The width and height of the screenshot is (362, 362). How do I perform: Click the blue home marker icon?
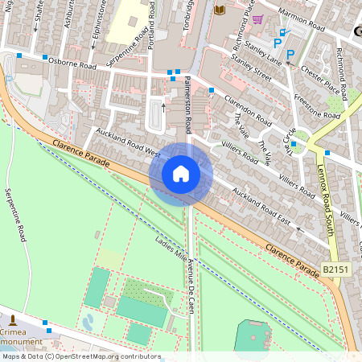[181, 174]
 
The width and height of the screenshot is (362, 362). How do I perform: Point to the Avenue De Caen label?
[191, 286]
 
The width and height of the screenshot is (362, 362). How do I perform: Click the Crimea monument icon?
[13, 322]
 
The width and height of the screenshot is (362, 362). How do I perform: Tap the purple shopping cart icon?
[257, 19]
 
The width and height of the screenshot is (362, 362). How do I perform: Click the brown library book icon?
[220, 10]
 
